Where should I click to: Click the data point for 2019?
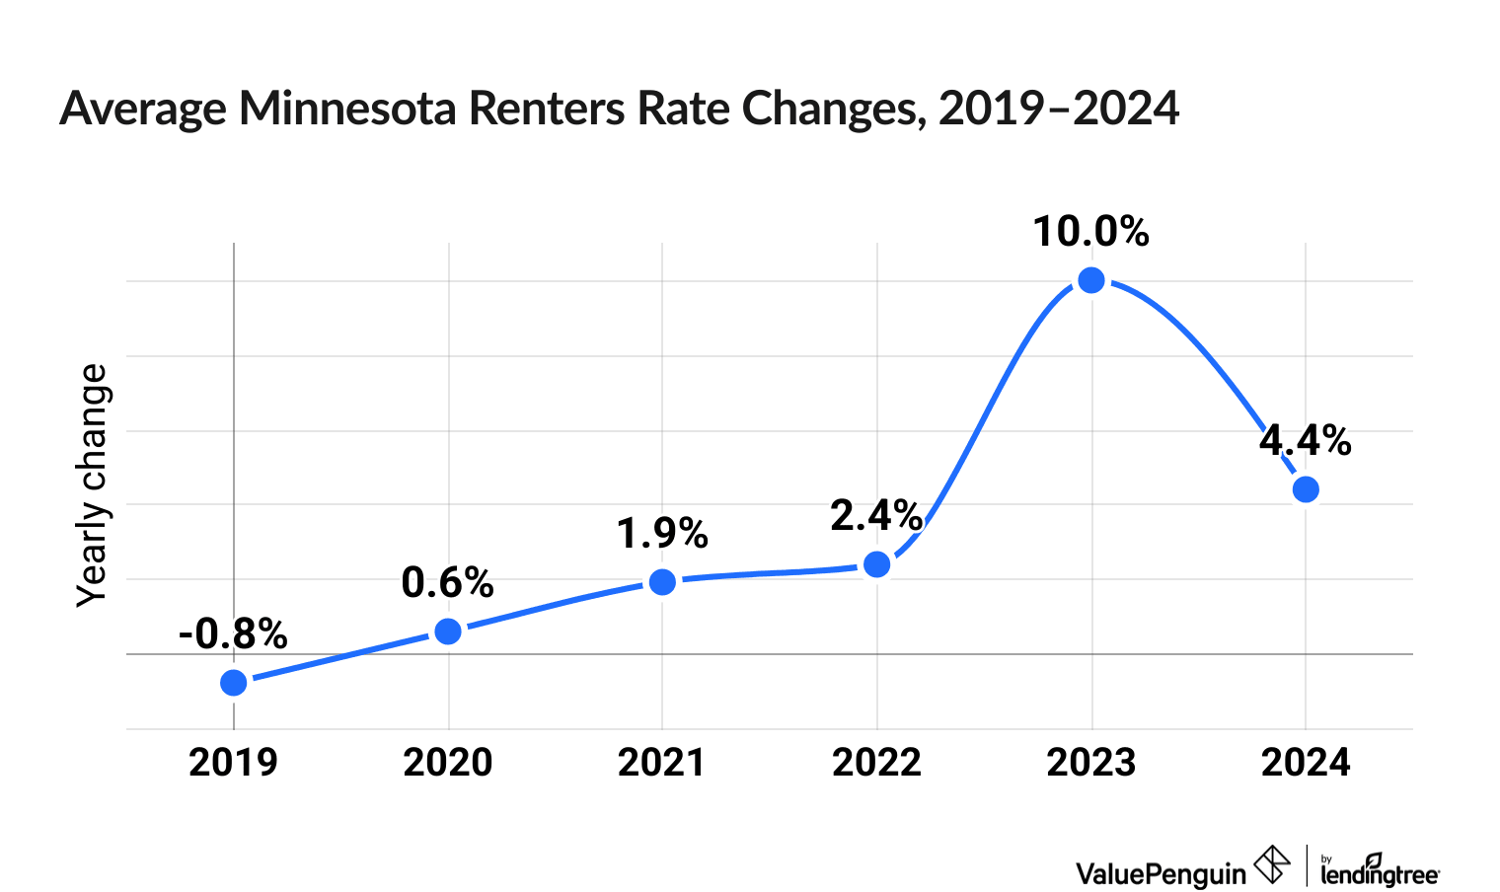click(234, 683)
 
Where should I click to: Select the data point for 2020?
click(448, 632)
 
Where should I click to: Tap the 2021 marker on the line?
click(662, 582)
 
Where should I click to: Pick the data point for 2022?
click(876, 564)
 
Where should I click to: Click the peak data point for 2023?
click(1091, 281)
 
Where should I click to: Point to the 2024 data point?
click(1306, 489)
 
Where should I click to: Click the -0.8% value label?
click(233, 634)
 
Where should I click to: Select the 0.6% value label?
click(447, 583)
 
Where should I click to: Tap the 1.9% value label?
click(662, 534)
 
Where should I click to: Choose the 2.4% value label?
click(876, 515)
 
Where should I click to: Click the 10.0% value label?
click(1091, 233)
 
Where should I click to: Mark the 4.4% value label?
click(1305, 440)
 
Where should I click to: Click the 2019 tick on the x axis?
click(234, 763)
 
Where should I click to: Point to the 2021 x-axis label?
click(662, 763)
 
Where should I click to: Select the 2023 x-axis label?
click(1091, 763)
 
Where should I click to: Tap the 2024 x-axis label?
click(1306, 763)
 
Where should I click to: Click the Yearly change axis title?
click(93, 485)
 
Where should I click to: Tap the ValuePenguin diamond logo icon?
click(1272, 865)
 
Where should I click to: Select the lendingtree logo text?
click(1380, 873)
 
